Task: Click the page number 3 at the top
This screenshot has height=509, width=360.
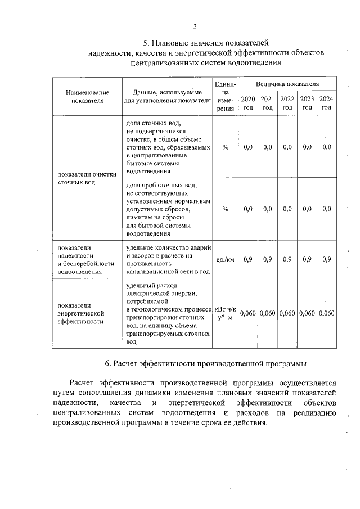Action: click(x=194, y=26)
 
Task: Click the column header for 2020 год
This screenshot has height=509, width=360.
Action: click(x=248, y=103)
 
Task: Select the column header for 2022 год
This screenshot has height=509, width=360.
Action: click(x=287, y=103)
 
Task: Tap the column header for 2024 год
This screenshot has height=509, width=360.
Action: click(x=326, y=103)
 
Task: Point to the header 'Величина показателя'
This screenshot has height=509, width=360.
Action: click(x=287, y=84)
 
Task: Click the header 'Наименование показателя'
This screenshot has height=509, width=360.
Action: click(x=87, y=97)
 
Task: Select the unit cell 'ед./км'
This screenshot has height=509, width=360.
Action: click(x=225, y=259)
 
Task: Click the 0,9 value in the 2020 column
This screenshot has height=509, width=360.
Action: click(x=248, y=259)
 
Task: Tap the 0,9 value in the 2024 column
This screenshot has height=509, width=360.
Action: click(x=326, y=259)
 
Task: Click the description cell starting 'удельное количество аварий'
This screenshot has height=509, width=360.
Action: click(x=168, y=259)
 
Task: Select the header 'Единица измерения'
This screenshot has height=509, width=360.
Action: click(x=225, y=97)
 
